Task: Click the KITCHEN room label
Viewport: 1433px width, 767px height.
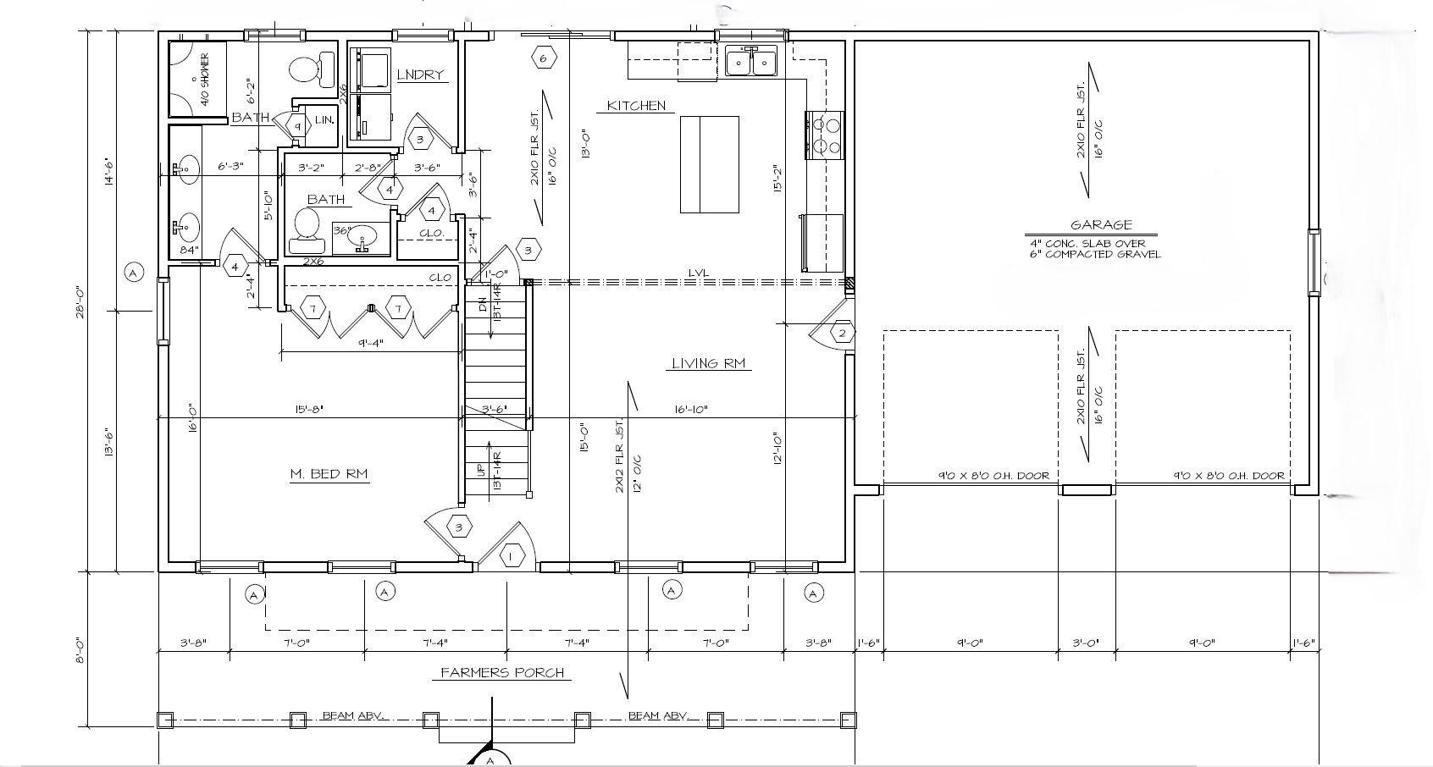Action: point(636,106)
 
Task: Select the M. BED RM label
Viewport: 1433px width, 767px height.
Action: point(329,474)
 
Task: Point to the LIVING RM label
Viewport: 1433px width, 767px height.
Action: point(708,364)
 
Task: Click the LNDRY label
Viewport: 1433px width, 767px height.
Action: point(420,74)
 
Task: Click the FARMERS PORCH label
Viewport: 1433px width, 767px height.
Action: point(502,673)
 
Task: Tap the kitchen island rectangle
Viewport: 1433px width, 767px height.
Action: point(710,164)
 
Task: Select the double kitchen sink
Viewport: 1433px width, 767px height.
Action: point(751,62)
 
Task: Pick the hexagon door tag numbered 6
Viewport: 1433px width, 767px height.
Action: point(545,58)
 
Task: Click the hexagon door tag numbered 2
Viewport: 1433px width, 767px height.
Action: point(842,333)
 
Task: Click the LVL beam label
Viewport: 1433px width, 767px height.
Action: point(699,273)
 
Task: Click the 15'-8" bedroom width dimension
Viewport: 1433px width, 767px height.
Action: point(308,409)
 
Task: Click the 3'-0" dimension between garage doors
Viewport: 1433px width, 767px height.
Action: point(1086,643)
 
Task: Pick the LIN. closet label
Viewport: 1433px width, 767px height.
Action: point(324,120)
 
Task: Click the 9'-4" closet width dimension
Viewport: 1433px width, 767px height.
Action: point(371,343)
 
